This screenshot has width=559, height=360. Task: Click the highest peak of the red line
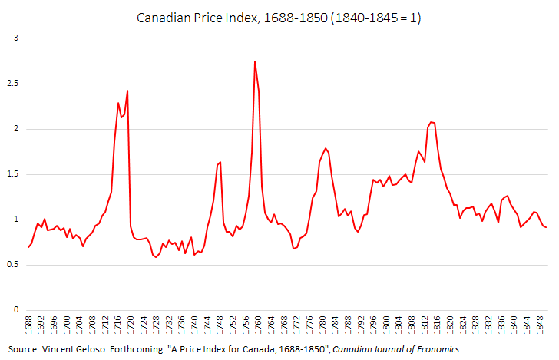tap(255, 61)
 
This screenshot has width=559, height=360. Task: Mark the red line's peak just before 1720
tap(127, 91)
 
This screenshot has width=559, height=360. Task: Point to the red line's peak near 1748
tap(220, 162)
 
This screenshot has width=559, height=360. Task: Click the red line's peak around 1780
tap(326, 148)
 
